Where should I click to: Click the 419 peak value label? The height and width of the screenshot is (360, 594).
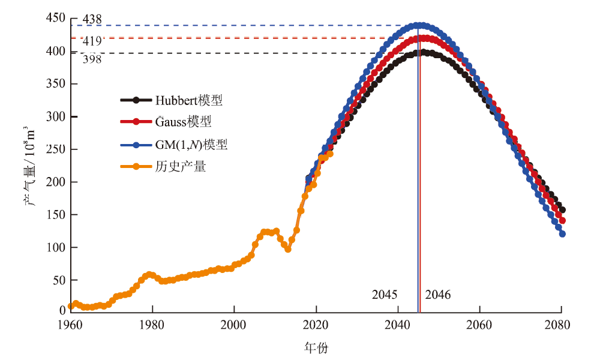(92, 40)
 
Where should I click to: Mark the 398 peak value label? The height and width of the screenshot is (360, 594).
(92, 59)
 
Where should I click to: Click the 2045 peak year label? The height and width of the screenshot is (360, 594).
(385, 295)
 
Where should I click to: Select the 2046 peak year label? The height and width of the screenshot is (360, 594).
(437, 295)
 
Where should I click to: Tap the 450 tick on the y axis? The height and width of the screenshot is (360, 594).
(55, 19)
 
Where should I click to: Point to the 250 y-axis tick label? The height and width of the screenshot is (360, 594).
(55, 149)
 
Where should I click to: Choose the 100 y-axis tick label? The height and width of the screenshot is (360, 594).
(55, 247)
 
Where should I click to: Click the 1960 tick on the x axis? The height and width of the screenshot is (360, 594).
(70, 325)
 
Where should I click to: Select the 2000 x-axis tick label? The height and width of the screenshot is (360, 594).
(234, 325)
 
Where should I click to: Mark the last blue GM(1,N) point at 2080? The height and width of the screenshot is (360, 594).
(562, 234)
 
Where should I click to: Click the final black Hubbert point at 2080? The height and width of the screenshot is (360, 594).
(562, 210)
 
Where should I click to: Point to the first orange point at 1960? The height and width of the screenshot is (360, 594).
(71, 306)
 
